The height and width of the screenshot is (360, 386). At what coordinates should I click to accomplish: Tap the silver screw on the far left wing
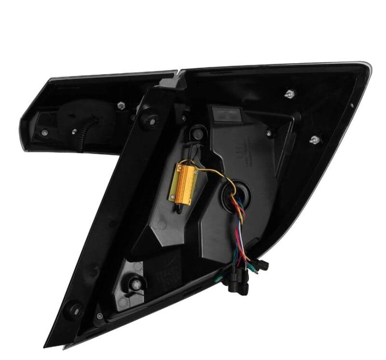[44, 131]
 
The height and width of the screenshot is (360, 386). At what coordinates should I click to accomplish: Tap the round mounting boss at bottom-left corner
[75, 307]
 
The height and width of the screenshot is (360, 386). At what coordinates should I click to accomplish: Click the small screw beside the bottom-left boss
[99, 316]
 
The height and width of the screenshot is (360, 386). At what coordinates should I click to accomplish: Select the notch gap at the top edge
[178, 73]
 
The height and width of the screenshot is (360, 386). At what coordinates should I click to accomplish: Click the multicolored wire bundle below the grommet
[241, 227]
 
